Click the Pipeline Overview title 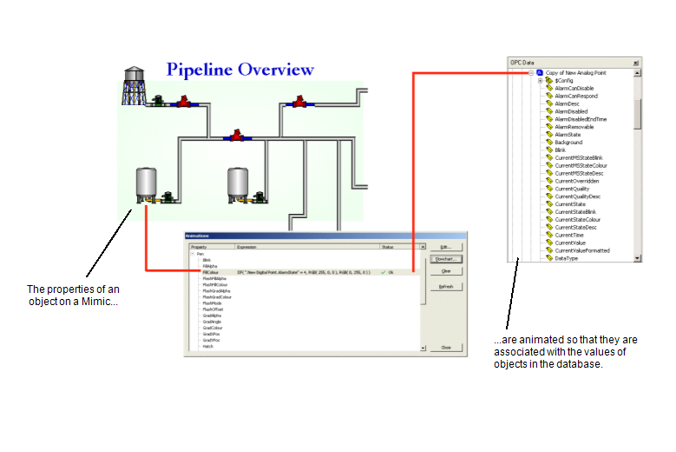pos(240,70)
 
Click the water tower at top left pos(133,84)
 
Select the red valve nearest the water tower pos(183,103)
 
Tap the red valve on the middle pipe pos(235,136)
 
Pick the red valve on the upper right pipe pos(299,103)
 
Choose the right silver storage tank pos(239,183)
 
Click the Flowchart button pos(446,259)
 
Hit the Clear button pos(446,271)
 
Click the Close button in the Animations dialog pos(446,347)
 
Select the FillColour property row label pos(210,272)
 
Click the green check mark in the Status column pos(383,272)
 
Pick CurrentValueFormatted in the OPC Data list pos(581,250)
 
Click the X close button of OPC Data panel pos(636,63)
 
